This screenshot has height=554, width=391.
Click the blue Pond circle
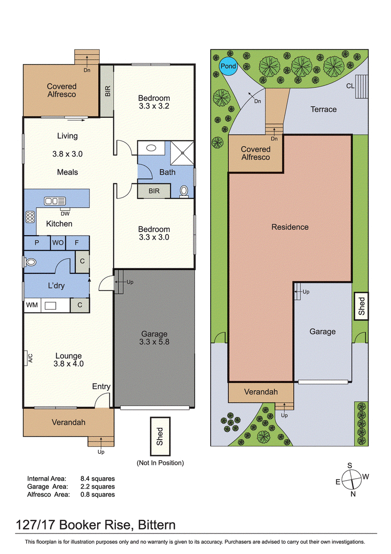(228, 66)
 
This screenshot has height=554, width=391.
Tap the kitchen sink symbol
(55, 201)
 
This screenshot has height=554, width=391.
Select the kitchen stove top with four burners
(30, 217)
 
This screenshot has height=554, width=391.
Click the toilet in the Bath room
(184, 191)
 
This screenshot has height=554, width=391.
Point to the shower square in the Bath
(182, 153)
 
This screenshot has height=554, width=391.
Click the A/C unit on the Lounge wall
(26, 358)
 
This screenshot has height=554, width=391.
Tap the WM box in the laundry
(32, 305)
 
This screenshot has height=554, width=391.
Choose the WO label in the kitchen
(58, 243)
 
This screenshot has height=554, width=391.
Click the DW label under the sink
(65, 214)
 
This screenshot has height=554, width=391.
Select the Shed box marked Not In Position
(160, 436)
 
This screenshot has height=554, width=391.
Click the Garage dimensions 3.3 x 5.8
(154, 342)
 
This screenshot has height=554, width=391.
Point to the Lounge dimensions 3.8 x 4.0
(68, 364)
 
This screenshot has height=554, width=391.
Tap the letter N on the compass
(353, 494)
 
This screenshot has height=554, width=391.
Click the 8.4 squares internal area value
(97, 479)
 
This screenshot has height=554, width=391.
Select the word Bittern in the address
(156, 525)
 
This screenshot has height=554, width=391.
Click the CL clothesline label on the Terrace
(350, 86)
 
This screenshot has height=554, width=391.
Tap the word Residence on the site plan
(290, 227)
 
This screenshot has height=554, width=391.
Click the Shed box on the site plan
(361, 306)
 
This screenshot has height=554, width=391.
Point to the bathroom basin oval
(151, 148)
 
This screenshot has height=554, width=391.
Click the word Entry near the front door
(101, 386)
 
